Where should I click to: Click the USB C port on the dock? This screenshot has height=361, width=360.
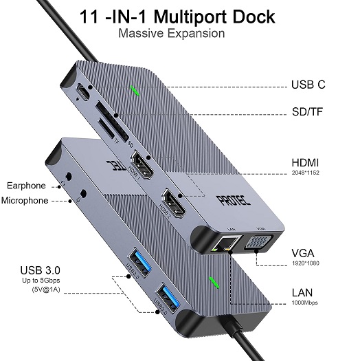pyautogui.click(x=83, y=92)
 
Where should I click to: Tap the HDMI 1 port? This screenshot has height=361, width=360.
pyautogui.click(x=142, y=165)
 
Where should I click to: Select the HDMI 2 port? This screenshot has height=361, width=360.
pyautogui.click(x=174, y=203)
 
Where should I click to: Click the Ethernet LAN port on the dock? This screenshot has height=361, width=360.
pyautogui.click(x=226, y=243)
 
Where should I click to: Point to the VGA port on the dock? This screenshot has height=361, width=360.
pyautogui.click(x=258, y=242)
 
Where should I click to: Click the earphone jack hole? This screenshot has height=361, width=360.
pyautogui.click(x=69, y=177)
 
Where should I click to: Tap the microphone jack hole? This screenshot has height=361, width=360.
pyautogui.click(x=84, y=193)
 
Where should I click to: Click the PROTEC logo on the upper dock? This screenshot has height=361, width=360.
pyautogui.click(x=233, y=200)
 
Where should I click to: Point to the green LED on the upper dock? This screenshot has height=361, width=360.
pyautogui.click(x=135, y=91)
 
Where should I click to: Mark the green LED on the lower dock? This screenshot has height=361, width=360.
pyautogui.click(x=214, y=282)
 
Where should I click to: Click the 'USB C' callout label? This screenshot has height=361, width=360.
pyautogui.click(x=308, y=85)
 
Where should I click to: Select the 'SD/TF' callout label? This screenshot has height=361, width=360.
pyautogui.click(x=307, y=111)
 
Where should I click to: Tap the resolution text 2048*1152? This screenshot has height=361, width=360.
pyautogui.click(x=306, y=173)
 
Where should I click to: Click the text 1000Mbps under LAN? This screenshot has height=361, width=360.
pyautogui.click(x=305, y=303)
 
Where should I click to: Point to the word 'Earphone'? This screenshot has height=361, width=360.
pyautogui.click(x=26, y=186)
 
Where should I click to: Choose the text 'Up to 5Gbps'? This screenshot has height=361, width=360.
pyautogui.click(x=41, y=281)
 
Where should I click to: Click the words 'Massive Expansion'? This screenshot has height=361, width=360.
pyautogui.click(x=172, y=33)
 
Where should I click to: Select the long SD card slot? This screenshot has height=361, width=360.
pyautogui.click(x=112, y=121)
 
